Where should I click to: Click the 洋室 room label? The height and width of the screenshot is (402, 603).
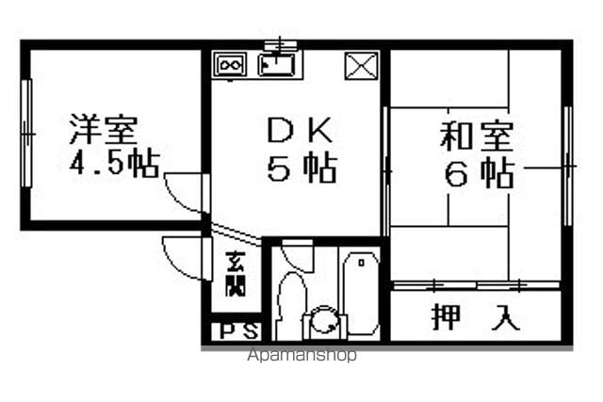[103, 129]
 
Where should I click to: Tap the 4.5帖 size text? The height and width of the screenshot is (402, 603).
[114, 164]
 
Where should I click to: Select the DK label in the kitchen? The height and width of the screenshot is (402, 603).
[300, 130]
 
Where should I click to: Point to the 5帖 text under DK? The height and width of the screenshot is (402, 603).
[302, 169]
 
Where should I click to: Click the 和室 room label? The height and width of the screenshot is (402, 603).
[477, 136]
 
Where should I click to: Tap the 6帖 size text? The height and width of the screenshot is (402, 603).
[480, 174]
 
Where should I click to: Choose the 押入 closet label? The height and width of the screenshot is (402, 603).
[476, 317]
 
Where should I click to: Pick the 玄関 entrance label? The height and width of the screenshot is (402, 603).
[236, 274]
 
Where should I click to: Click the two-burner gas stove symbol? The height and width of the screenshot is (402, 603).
[230, 66]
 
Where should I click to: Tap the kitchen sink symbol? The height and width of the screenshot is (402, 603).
[277, 65]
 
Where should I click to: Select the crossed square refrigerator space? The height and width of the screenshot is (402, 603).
[361, 66]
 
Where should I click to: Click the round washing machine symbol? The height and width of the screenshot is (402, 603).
[325, 320]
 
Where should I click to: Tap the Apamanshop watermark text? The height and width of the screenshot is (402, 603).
[301, 355]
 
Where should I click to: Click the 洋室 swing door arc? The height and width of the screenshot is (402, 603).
[181, 197]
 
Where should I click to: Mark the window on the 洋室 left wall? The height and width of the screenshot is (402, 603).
[26, 134]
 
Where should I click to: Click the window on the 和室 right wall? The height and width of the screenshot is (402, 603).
[568, 166]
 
